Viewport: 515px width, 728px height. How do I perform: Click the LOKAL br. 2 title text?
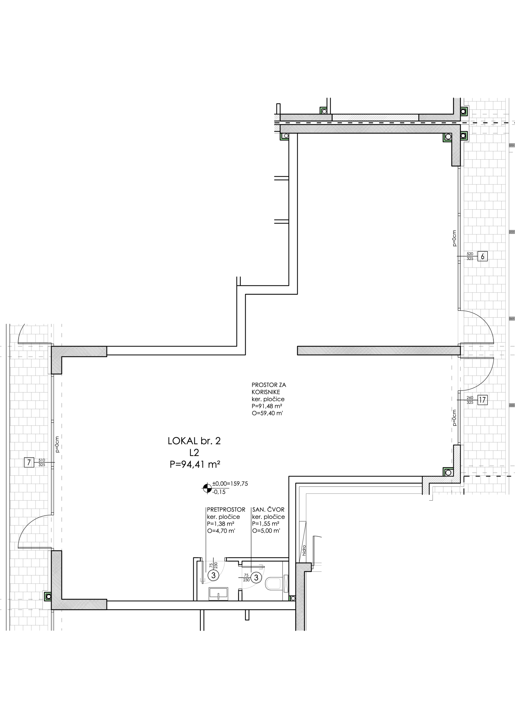[x=194, y=441]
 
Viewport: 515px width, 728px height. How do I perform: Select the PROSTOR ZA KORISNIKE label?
[x=269, y=388]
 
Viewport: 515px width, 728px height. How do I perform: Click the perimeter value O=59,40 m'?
[x=267, y=413]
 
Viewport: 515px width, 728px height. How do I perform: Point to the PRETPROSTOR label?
[x=226, y=510]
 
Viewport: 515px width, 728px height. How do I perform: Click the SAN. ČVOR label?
[x=268, y=509]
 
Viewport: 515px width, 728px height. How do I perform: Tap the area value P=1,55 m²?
[x=265, y=524]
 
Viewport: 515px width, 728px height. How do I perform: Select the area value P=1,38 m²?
[x=221, y=524]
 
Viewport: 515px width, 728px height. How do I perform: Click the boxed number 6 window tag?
[x=483, y=256]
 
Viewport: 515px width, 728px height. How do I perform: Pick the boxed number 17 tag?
[x=482, y=400]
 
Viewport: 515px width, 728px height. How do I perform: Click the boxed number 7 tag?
[x=29, y=462]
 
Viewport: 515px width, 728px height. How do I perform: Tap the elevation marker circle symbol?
[x=207, y=488]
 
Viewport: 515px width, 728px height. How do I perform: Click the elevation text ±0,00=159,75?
[x=230, y=483]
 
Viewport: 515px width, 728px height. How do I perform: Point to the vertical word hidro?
[x=304, y=550]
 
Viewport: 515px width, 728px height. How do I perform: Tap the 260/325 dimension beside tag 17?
[x=470, y=400]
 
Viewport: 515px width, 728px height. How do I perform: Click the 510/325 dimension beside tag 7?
[x=42, y=462]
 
